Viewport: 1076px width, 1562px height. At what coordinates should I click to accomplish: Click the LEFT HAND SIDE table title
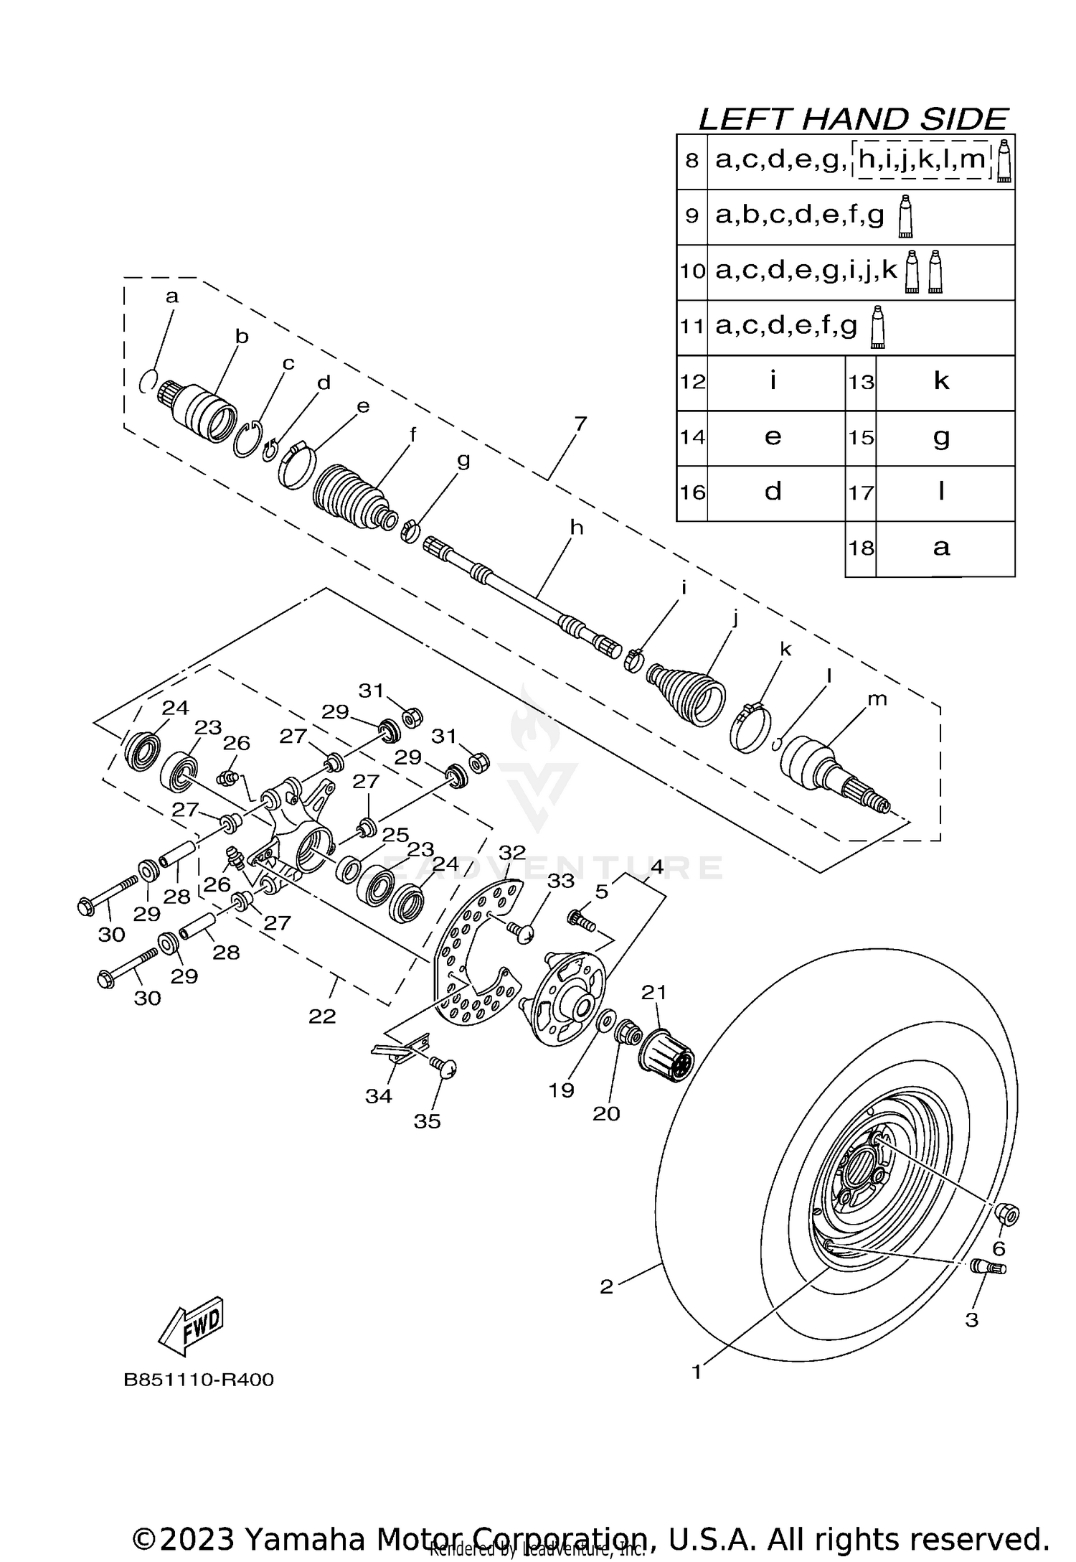tap(854, 119)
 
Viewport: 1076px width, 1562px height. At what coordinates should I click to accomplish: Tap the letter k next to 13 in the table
tap(941, 381)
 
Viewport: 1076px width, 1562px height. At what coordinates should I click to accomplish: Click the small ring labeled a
tap(147, 381)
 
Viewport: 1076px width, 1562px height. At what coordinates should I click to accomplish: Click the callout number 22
tap(322, 1016)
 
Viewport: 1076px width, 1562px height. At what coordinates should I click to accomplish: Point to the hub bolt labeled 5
tap(581, 920)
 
